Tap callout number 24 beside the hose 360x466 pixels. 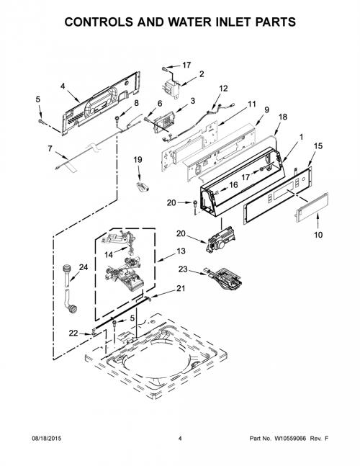pos(84,267)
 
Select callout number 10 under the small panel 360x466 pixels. pos(318,235)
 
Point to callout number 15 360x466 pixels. pos(318,146)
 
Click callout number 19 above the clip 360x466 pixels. pos(138,160)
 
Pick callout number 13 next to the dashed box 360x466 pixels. pos(181,251)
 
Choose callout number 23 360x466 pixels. pos(183,269)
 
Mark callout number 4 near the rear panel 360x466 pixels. pos(63,86)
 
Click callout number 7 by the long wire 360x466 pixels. pos(50,148)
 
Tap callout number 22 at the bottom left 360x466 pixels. pos(73,333)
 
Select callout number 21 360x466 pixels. pos(181,288)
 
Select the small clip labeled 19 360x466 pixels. pos(143,187)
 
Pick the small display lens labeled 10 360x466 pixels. pos(311,207)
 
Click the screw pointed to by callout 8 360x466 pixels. pos(117,119)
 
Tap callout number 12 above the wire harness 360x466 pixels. pos(223,89)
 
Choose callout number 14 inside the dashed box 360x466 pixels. pos(109,255)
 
